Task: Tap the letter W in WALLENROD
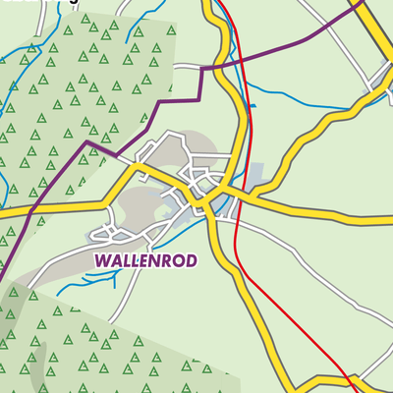[x=102, y=260]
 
